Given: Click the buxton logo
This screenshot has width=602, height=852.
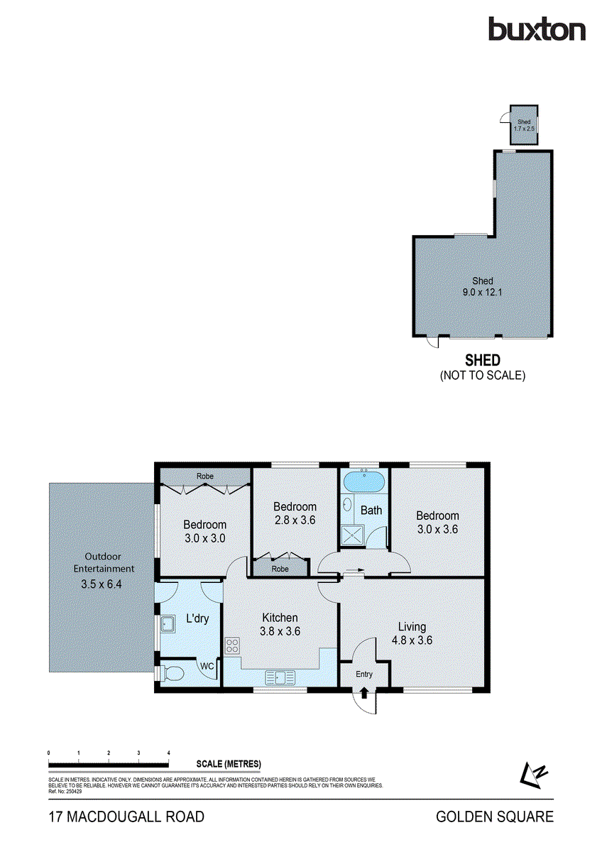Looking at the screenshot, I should click(x=537, y=29).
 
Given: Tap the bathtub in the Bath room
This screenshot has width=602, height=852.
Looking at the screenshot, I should click(x=363, y=482).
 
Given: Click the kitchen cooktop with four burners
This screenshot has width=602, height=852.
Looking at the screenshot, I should click(x=232, y=646).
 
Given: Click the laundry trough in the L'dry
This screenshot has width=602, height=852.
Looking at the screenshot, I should click(x=169, y=624).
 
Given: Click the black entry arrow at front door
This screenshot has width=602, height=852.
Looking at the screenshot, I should click(x=364, y=692).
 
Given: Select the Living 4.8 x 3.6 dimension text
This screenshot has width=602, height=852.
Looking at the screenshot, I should click(x=412, y=640).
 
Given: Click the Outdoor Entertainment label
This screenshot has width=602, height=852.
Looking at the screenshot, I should click(x=104, y=562).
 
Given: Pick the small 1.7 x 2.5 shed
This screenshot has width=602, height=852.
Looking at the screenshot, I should click(x=525, y=125).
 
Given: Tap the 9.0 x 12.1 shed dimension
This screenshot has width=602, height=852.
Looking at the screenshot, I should click(x=483, y=292).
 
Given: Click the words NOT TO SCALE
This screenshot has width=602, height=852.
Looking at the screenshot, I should click(x=483, y=376).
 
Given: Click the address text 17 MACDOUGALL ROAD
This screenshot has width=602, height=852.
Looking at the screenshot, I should click(x=126, y=817).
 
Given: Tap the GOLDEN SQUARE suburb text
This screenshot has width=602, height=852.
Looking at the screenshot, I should click(x=495, y=817).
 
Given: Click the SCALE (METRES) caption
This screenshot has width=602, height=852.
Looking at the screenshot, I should click(x=229, y=764).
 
